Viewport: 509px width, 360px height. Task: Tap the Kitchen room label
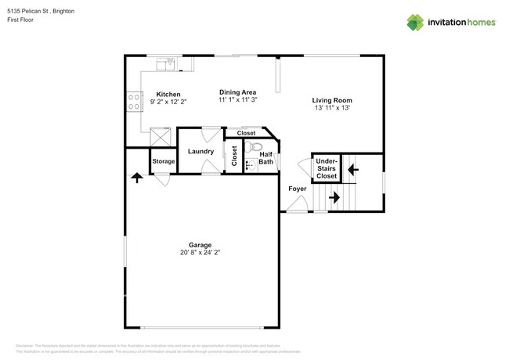(168, 94)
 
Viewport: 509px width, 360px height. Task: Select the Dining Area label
(237, 92)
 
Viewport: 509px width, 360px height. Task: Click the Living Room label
(331, 100)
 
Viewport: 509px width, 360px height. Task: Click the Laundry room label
(200, 150)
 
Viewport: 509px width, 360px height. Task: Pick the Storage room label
(164, 161)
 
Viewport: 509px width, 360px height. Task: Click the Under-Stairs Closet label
(327, 168)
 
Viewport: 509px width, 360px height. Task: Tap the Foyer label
(297, 189)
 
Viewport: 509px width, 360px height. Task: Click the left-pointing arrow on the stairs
(352, 167)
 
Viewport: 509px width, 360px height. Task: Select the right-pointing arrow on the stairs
(334, 197)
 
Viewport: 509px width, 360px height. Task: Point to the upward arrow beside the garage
(137, 178)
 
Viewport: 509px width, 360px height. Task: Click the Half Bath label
(266, 158)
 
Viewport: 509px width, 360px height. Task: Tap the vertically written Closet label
(234, 156)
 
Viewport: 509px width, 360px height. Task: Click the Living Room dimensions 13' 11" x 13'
(331, 108)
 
